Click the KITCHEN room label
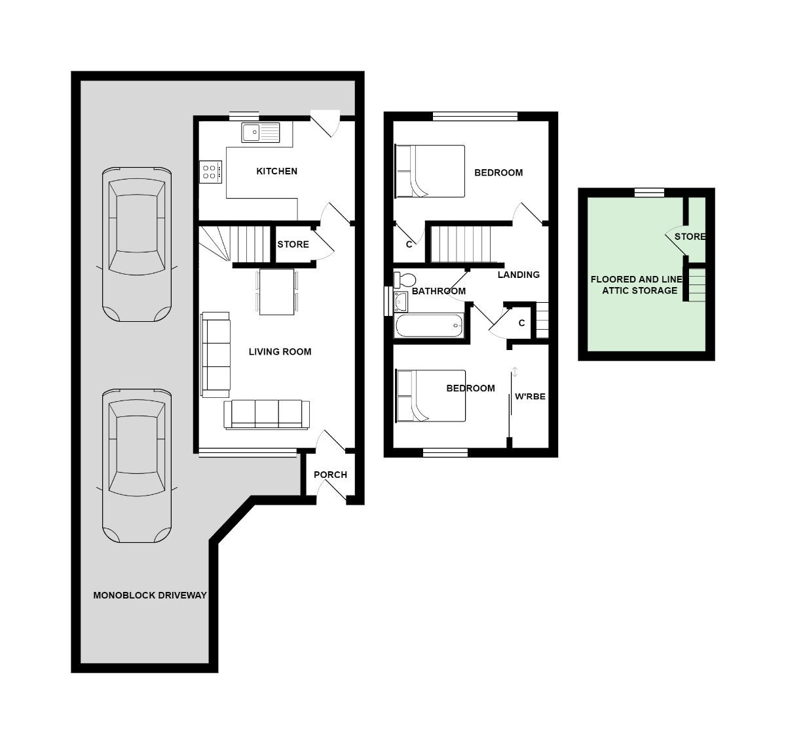(x=276, y=172)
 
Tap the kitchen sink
(x=260, y=132)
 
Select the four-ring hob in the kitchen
(x=210, y=172)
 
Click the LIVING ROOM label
(x=280, y=352)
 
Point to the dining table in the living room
(x=277, y=292)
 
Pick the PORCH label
(x=330, y=475)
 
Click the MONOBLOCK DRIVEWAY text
(x=149, y=596)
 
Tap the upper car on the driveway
(x=137, y=244)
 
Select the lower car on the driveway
(x=137, y=465)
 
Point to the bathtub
(x=429, y=325)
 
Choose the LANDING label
(x=518, y=275)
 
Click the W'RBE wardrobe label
(x=530, y=397)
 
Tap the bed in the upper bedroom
(x=430, y=171)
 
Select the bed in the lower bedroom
(x=430, y=395)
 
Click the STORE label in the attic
(x=690, y=237)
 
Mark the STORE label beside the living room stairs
(x=293, y=245)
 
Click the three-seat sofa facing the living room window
(x=267, y=414)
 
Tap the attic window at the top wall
(x=649, y=192)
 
